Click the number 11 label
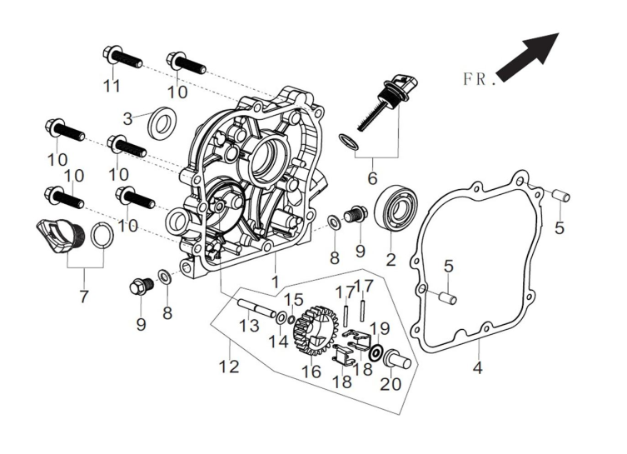[x=112, y=85]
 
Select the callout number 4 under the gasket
[x=477, y=367]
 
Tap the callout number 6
[x=371, y=178]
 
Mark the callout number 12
[x=229, y=366]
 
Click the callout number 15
[x=294, y=299]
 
